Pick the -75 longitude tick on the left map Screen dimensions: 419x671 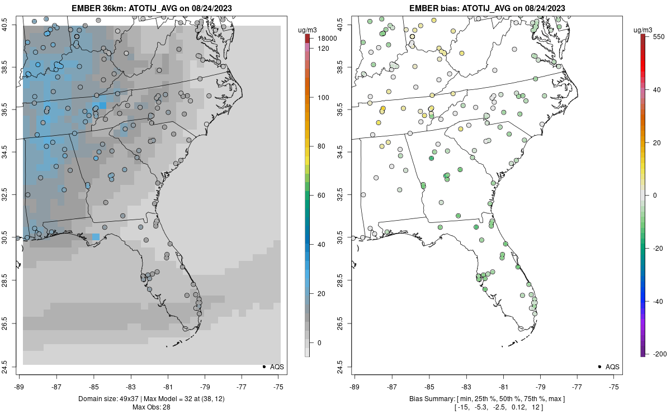click(x=279, y=386)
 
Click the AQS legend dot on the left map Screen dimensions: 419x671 click(x=263, y=366)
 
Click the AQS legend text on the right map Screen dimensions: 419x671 click(x=613, y=367)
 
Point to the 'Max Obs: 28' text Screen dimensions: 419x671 click(x=151, y=407)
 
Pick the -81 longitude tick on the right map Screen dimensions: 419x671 click(x=503, y=386)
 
